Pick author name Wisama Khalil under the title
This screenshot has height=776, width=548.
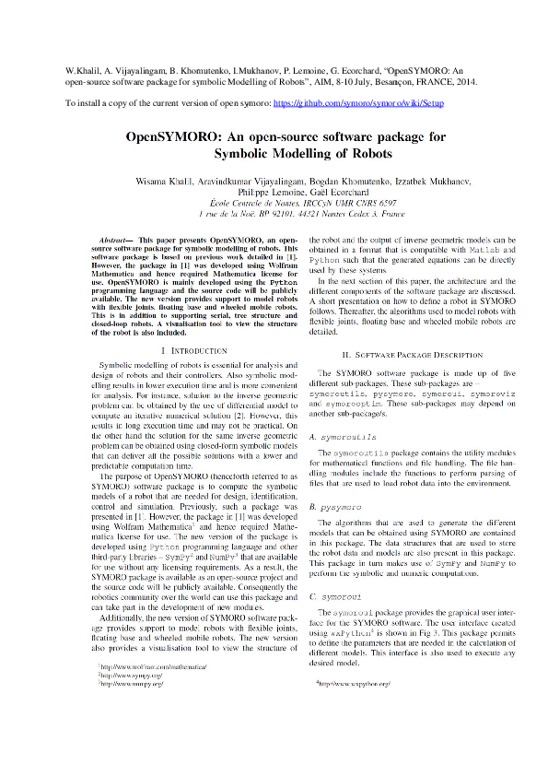click(163, 180)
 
